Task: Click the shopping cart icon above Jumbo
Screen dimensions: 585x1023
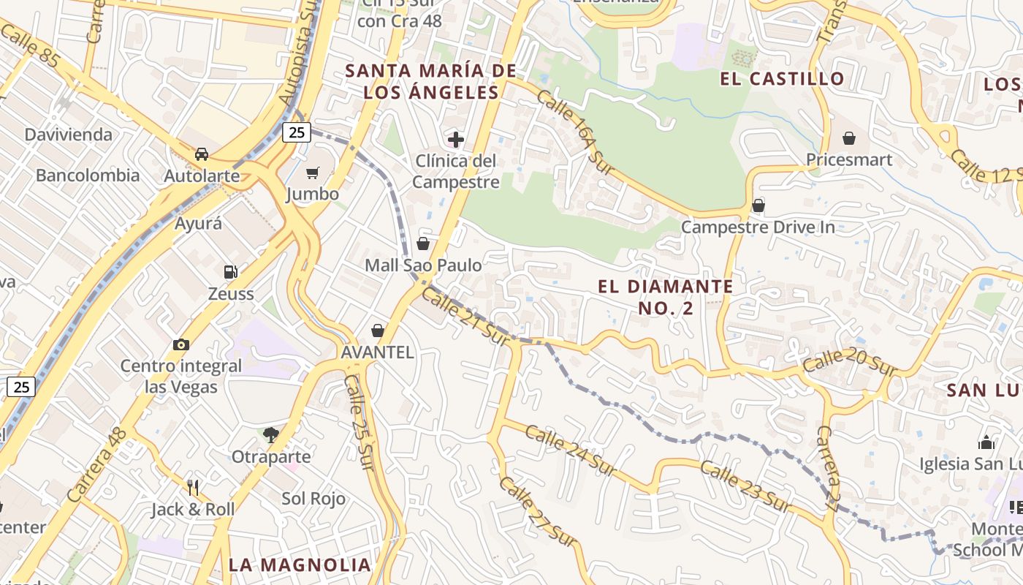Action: tap(313, 173)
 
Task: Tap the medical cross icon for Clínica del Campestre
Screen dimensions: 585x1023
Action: tap(456, 139)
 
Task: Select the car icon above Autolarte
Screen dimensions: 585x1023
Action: tap(202, 154)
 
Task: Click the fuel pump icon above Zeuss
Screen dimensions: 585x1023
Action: tap(230, 272)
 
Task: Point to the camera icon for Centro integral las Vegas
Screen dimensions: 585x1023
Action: tap(181, 344)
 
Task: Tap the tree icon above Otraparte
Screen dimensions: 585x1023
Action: tap(271, 435)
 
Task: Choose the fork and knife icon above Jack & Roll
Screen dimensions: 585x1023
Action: tap(193, 488)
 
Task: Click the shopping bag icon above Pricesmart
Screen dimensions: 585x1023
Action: tap(849, 138)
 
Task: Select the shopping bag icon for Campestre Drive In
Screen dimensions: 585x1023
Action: tap(758, 205)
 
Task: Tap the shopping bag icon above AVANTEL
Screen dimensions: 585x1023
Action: tap(378, 331)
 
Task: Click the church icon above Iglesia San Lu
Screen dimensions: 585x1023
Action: tap(986, 442)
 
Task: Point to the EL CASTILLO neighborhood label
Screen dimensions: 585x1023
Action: tap(782, 79)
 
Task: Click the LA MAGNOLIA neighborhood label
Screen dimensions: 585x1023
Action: tap(300, 565)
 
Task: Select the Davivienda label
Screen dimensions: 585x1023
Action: tap(69, 135)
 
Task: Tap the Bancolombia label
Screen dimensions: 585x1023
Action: tap(88, 175)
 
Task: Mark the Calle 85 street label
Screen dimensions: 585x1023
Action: tap(31, 48)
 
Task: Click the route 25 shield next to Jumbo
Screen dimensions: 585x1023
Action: tap(297, 132)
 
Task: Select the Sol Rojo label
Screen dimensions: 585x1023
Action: tap(313, 499)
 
